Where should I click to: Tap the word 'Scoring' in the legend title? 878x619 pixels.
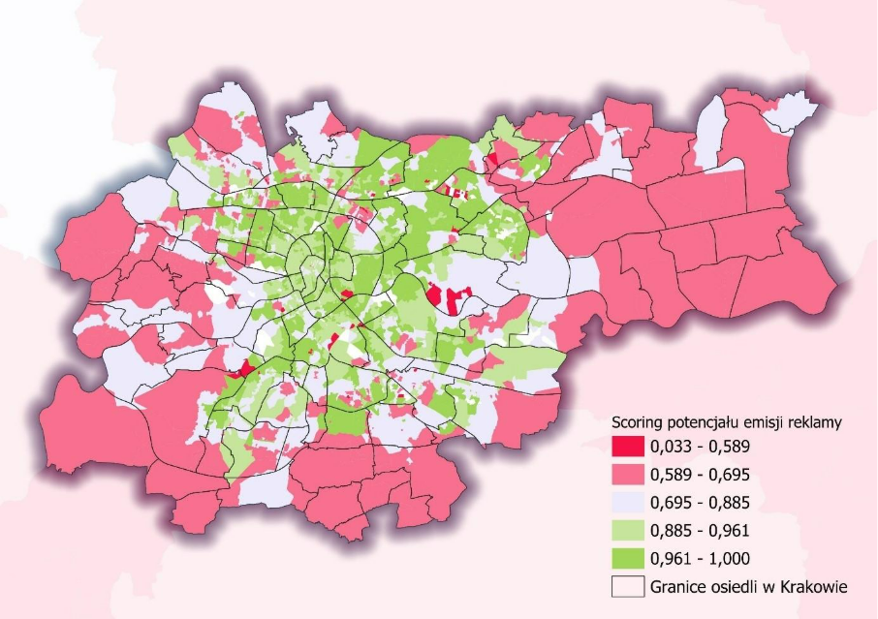click(639, 422)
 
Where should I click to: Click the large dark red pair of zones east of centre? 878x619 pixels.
click(448, 296)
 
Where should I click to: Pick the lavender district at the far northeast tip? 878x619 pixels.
click(789, 109)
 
